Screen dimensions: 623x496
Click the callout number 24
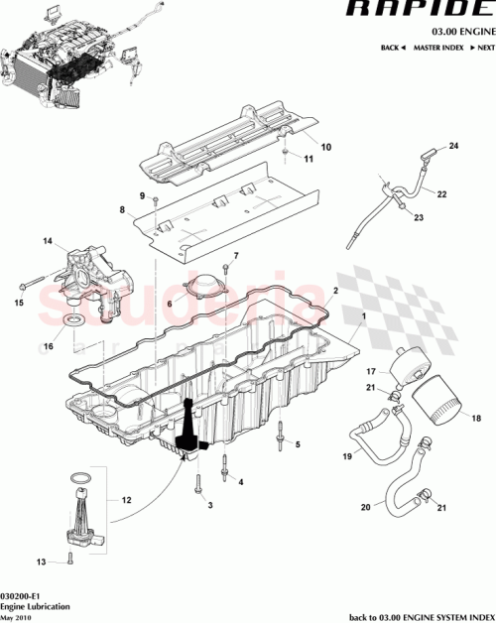pos(455,147)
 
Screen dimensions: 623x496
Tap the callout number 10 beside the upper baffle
pos(326,148)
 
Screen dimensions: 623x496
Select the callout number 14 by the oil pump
pos(46,240)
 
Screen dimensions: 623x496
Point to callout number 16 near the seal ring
pos(46,347)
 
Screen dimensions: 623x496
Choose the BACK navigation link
pos(394,48)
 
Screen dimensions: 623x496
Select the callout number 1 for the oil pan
pos(364,315)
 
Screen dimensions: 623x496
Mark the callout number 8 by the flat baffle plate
pos(122,211)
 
